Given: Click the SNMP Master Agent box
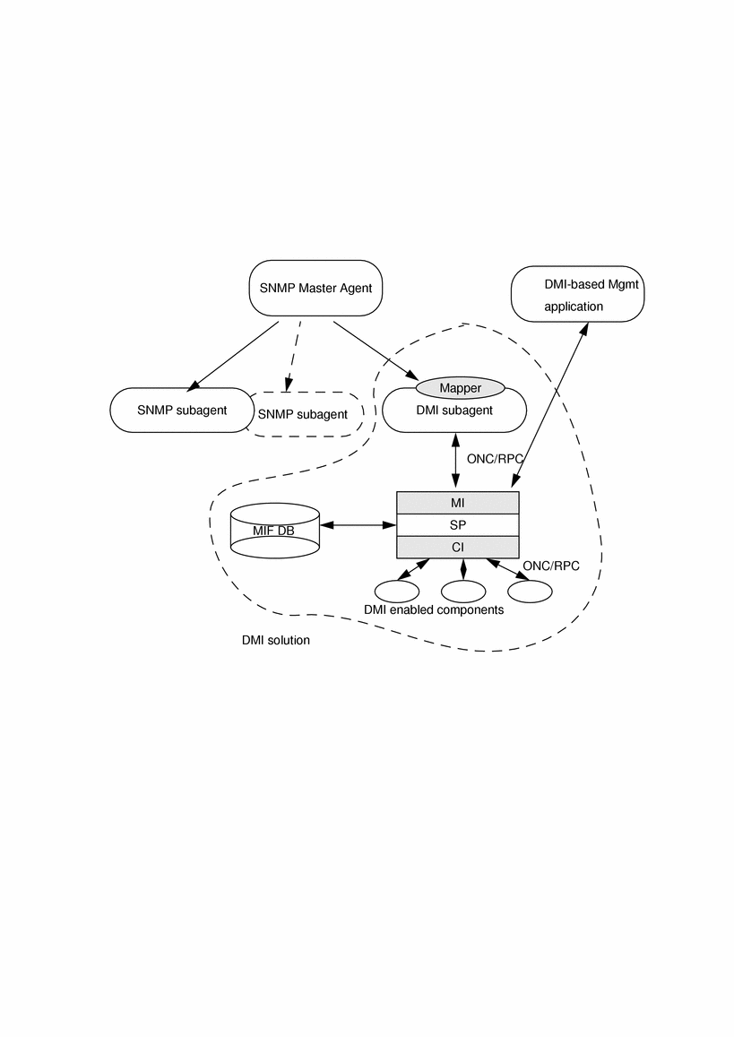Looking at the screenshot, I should (314, 289).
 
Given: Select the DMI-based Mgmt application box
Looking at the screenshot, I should (578, 294).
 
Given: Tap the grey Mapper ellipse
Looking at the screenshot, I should (460, 388).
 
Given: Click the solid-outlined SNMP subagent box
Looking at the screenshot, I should (179, 410).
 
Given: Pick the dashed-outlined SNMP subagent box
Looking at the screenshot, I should (309, 414).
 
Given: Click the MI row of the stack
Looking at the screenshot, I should (457, 503).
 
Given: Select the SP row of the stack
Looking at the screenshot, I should (457, 525).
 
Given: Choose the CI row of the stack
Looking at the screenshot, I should (457, 548).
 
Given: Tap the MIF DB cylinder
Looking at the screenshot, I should (274, 531).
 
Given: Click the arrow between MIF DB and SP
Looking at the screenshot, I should (358, 525).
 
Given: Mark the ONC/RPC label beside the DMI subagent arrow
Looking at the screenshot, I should (495, 458).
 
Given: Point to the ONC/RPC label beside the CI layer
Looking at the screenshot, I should (550, 566).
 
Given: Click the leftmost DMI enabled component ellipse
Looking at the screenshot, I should (397, 592).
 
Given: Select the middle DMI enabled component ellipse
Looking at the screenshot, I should (463, 592).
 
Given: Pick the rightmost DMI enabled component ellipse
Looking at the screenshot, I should (530, 592).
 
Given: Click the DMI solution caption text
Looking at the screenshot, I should (275, 641).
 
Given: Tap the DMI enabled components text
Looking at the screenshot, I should (433, 609).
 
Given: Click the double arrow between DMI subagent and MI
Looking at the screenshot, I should (456, 461).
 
